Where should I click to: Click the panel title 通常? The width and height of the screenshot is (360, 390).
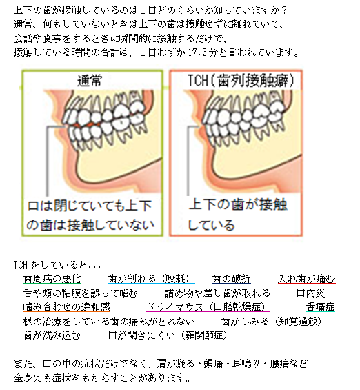pos(90,80)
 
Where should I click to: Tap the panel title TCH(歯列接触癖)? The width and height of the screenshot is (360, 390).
pos(240,80)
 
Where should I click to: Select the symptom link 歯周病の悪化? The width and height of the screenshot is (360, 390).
pos(52,279)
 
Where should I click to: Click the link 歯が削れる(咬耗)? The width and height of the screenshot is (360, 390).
pos(152,279)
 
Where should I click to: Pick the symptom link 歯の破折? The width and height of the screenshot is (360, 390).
pos(232,279)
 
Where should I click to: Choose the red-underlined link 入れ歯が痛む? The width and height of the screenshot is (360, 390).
pos(307,279)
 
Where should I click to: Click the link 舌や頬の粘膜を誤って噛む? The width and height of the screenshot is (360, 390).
pos(81,293)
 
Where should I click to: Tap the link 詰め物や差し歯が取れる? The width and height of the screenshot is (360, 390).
pos(217,293)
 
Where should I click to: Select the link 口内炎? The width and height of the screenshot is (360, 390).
pos(311,293)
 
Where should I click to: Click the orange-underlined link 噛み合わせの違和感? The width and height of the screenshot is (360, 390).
pos(67,307)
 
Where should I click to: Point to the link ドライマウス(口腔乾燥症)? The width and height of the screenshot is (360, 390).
pos(208,307)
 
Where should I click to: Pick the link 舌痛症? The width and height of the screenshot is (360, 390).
pos(321,307)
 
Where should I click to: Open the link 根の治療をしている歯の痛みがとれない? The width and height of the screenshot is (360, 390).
pos(109,322)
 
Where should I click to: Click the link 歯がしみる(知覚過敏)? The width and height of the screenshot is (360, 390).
pos(274,322)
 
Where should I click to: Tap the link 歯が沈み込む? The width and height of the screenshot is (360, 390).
pos(52,335)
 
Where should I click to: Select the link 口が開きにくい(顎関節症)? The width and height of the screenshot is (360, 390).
pos(170,335)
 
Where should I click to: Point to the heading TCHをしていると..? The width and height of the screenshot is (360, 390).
pos(57,265)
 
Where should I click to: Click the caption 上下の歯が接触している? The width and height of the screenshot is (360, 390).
pos(237,215)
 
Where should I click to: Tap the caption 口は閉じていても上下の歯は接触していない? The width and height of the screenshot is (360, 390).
pos(90,215)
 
